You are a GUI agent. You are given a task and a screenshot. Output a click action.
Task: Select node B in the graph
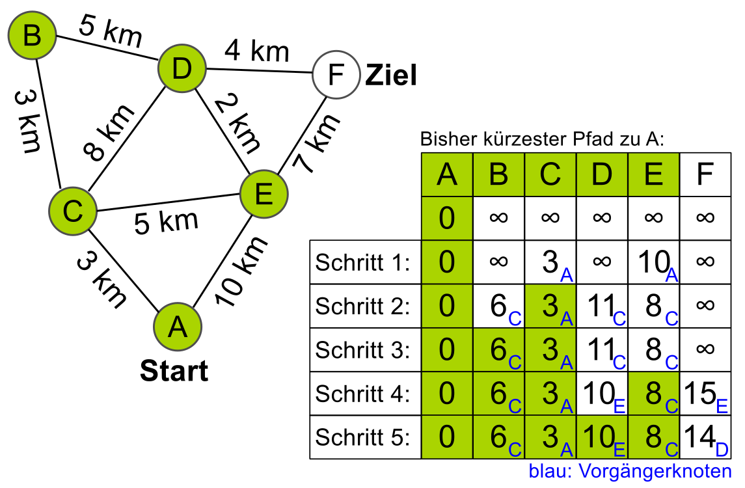(x=31, y=36)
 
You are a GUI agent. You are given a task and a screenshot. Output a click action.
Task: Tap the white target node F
(x=336, y=75)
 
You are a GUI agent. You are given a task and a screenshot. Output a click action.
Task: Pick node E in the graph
(x=264, y=193)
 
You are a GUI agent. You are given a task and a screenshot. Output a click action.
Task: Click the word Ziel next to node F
(x=390, y=76)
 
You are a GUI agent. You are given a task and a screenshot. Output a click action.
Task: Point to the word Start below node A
(x=174, y=371)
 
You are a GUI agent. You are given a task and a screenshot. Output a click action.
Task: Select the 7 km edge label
(x=316, y=144)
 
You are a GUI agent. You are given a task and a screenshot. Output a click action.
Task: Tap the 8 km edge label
(x=109, y=132)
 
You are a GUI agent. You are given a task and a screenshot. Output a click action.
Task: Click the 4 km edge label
(x=256, y=51)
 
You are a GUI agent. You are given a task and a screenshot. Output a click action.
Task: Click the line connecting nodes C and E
(x=169, y=202)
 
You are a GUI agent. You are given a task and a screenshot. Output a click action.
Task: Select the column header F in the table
(x=705, y=174)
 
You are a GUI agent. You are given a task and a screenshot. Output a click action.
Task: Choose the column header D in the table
(x=602, y=174)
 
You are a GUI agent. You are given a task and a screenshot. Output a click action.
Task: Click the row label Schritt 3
(x=362, y=349)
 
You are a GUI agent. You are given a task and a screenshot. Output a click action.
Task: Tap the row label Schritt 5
(x=362, y=437)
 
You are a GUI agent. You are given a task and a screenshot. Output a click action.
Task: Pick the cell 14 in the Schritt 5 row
(x=705, y=437)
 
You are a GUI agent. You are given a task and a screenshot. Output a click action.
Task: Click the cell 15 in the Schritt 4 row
(x=705, y=394)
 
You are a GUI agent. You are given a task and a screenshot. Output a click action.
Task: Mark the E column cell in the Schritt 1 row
(x=654, y=263)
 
